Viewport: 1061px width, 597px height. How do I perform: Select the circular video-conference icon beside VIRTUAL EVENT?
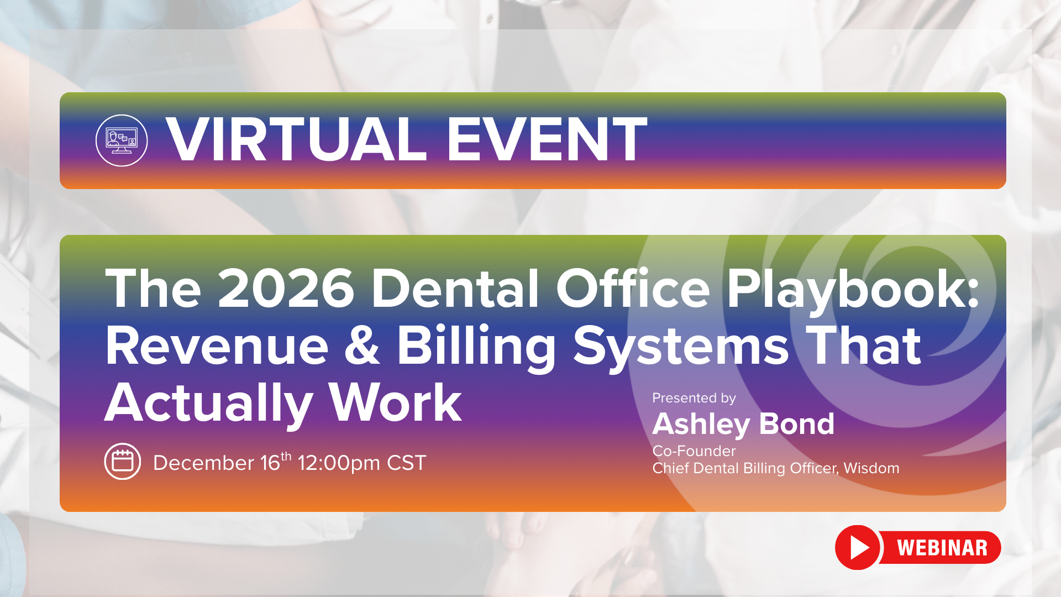point(122,140)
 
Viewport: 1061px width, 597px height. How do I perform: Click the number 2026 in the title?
point(286,289)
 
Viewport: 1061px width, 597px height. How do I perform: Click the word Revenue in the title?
point(217,346)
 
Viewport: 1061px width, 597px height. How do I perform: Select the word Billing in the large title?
point(476,347)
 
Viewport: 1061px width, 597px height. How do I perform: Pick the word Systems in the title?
point(681,347)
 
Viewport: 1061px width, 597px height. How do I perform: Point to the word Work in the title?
point(395,404)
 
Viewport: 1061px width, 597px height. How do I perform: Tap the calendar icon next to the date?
point(123,461)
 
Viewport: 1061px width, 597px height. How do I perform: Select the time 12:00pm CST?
point(362,463)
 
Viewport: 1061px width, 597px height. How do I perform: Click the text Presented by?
point(694,398)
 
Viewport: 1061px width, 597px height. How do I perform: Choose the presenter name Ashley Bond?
point(743,425)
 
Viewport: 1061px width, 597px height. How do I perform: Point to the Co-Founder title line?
point(694,451)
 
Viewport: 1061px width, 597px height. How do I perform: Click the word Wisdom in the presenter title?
point(871,468)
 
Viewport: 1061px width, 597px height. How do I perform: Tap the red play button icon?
point(858,547)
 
